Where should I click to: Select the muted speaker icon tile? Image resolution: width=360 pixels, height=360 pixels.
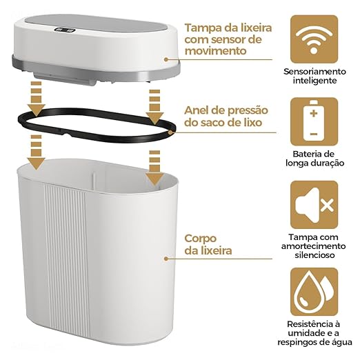click(x=314, y=204)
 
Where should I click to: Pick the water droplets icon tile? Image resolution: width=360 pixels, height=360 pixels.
click(x=314, y=290)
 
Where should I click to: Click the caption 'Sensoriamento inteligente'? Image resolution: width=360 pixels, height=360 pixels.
click(x=314, y=76)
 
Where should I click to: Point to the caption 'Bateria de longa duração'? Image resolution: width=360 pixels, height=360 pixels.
click(x=314, y=158)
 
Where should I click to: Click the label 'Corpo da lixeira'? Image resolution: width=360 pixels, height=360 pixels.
click(x=208, y=245)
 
